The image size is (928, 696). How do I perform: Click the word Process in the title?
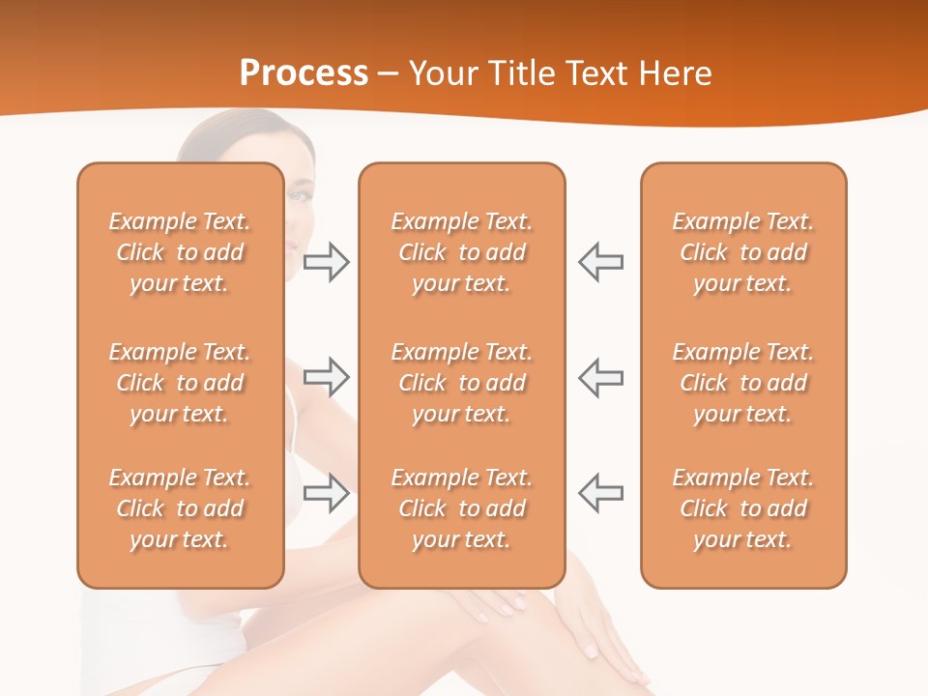304,73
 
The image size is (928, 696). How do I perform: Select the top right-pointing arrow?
326,262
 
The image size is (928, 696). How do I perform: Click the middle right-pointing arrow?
326,377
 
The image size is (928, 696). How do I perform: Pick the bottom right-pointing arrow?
326,493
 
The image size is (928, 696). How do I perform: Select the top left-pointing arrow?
601,262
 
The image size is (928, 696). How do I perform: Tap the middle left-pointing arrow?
601,377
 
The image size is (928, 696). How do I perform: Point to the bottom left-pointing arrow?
601,493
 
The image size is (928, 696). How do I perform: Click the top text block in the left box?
180,252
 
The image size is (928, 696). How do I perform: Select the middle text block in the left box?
180,383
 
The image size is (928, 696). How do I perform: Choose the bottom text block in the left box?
180,508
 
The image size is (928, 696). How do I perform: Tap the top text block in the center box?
461,252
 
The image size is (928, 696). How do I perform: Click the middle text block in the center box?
461,383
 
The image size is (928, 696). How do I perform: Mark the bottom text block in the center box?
461,508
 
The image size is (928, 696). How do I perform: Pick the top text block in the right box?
743,252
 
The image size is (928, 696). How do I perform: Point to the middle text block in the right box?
743,383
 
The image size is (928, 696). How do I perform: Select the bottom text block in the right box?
743,508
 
